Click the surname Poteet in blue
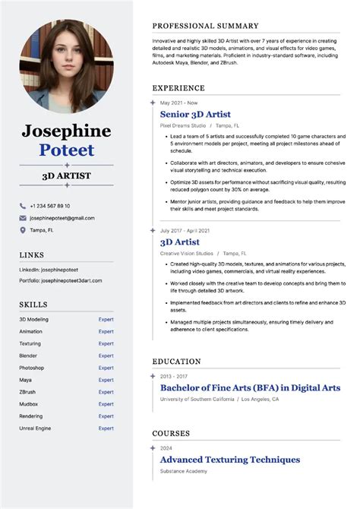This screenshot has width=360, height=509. pyautogui.click(x=67, y=150)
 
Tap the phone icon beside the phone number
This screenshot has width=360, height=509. pyautogui.click(x=23, y=206)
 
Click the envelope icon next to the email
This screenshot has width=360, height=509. pyautogui.click(x=23, y=218)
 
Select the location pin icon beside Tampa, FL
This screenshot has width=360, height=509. pyautogui.click(x=23, y=229)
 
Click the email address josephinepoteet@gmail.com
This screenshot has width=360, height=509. pyautogui.click(x=62, y=218)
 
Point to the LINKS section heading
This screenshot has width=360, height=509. pyautogui.click(x=32, y=254)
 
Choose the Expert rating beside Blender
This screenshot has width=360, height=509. pyautogui.click(x=106, y=356)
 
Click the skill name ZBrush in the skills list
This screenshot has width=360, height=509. pyautogui.click(x=28, y=392)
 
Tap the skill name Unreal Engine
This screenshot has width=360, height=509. pyautogui.click(x=35, y=428)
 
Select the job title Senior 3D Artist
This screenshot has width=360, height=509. pyautogui.click(x=196, y=114)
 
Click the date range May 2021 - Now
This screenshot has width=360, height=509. pyautogui.click(x=178, y=103)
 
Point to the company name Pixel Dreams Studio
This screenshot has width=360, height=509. pyautogui.click(x=183, y=125)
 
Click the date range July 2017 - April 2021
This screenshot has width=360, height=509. pyautogui.click(x=185, y=230)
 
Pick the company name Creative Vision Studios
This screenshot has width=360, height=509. pyautogui.click(x=187, y=253)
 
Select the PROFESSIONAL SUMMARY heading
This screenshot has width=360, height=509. pyautogui.click(x=205, y=26)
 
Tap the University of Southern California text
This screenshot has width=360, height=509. pyautogui.click(x=198, y=399)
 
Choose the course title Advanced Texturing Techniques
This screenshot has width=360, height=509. pyautogui.click(x=229, y=460)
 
